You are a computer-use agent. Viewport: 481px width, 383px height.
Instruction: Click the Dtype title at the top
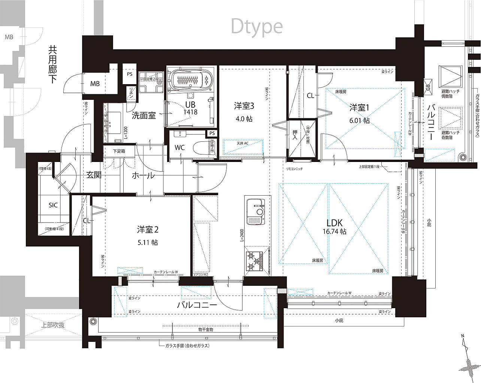pyautogui.click(x=257, y=27)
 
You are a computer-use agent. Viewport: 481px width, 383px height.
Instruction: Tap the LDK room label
pyautogui.click(x=334, y=223)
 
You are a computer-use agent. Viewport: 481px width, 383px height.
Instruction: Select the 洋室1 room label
pyautogui.click(x=359, y=108)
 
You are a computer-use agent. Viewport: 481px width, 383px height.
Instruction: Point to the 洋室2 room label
pyautogui.click(x=147, y=229)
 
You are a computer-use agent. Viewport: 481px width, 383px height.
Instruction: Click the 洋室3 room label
pyautogui.click(x=244, y=106)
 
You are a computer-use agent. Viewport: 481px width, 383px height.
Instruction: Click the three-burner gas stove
pyautogui.click(x=254, y=260)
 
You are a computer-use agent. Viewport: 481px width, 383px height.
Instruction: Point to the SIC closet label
pyautogui.click(x=53, y=205)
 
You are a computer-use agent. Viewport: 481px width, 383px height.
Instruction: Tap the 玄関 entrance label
pyautogui.click(x=94, y=175)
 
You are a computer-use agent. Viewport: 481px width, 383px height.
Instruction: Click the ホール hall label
pyautogui.click(x=143, y=175)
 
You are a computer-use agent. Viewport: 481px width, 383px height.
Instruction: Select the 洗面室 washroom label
pyautogui.click(x=143, y=115)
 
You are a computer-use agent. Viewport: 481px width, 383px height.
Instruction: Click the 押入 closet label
pyautogui.click(x=295, y=135)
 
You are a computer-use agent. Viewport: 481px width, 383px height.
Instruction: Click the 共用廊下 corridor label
pyautogui.click(x=52, y=64)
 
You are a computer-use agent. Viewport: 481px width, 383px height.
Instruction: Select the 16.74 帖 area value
pyautogui.click(x=334, y=232)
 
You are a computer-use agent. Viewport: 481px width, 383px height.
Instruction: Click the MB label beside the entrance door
pyautogui.click(x=95, y=84)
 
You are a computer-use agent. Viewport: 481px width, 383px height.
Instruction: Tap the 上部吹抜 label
pyautogui.click(x=53, y=325)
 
